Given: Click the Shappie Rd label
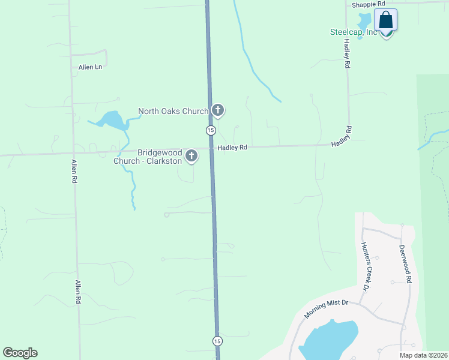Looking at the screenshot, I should [367, 4].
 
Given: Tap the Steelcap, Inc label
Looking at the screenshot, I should [353, 32].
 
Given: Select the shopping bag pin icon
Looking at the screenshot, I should [385, 21].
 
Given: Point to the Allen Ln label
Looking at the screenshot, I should [90, 67].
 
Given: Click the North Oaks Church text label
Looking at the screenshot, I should [173, 111].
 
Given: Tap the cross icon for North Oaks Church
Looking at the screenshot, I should [218, 110].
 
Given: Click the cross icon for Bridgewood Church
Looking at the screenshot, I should [191, 157].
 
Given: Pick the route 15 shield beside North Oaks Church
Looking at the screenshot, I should [210, 130].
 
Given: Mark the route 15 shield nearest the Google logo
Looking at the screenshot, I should [217, 341].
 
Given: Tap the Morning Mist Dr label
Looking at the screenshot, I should [325, 310].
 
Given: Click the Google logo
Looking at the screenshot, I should [20, 353].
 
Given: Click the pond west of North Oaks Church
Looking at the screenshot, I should [111, 121].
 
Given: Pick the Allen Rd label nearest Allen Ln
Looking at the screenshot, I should [74, 172].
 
